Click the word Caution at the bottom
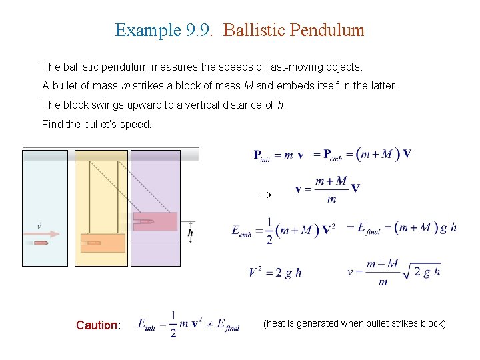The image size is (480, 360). (x=97, y=325)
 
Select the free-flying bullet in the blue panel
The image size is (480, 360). (x=41, y=243)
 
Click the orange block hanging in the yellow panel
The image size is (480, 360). (x=102, y=243)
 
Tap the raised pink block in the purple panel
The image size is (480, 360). (x=155, y=221)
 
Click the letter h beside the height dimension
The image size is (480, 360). (x=191, y=233)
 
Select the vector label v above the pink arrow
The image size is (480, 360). (x=39, y=225)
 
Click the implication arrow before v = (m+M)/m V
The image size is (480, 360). (x=264, y=195)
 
